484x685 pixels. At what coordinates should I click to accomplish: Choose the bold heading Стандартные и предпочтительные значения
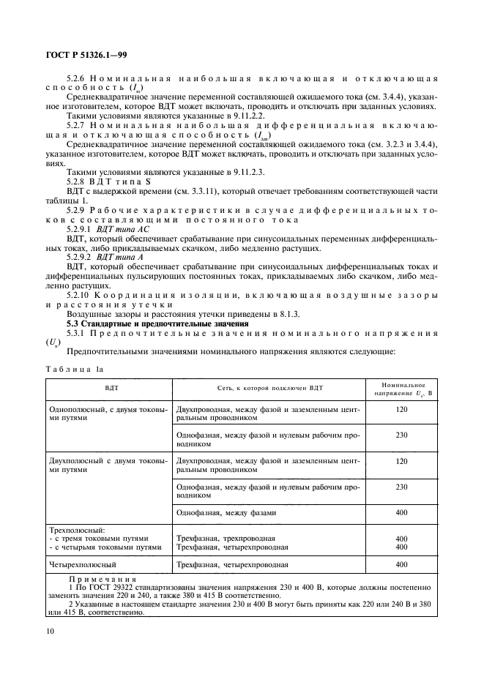[168, 323]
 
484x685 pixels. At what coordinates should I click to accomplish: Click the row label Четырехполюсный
[82, 564]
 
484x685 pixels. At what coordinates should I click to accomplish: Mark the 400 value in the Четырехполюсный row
[401, 564]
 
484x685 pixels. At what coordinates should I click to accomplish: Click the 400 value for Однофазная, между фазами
[401, 513]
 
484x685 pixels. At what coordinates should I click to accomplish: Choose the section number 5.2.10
[81, 295]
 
